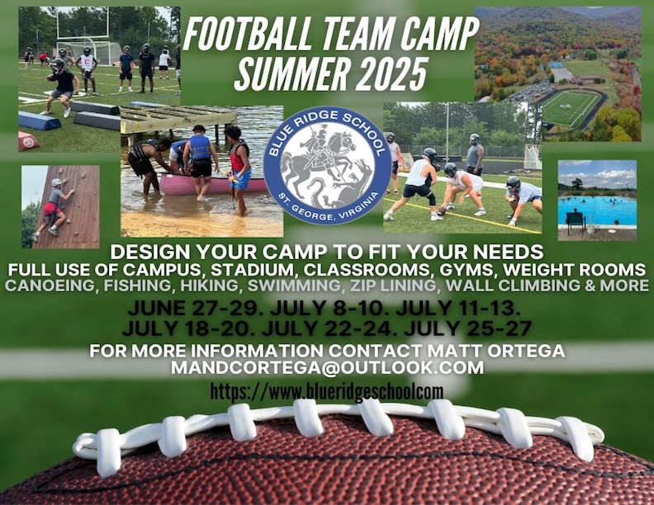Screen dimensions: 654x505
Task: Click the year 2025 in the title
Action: pos(391,73)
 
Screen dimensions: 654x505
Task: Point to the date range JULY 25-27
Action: pos(467,328)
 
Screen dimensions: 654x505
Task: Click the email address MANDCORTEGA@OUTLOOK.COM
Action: pos(328,367)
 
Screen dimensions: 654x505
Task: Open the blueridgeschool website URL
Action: pos(326,392)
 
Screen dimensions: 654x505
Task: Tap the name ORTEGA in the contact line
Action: pos(523,351)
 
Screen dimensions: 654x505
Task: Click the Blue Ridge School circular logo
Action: pos(327,165)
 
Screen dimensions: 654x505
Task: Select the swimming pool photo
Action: pos(597,200)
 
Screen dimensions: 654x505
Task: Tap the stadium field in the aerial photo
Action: pos(570,108)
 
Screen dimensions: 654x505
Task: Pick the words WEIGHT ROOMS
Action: pos(575,270)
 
